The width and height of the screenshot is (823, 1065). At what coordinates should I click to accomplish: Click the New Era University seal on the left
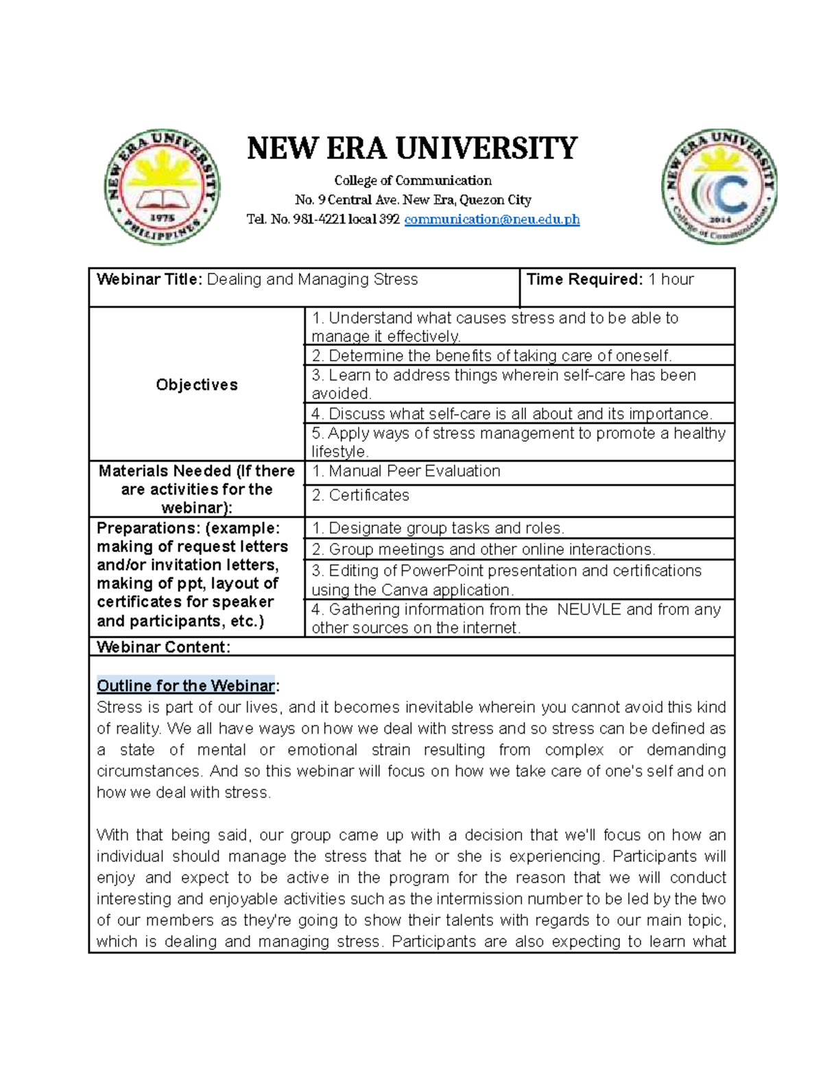pyautogui.click(x=162, y=187)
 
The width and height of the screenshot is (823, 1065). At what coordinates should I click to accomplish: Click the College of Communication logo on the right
pyautogui.click(x=719, y=187)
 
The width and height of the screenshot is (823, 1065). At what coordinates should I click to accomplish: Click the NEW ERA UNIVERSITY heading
pyautogui.click(x=412, y=148)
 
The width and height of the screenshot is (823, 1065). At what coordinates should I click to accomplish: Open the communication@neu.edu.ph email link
pyautogui.click(x=492, y=219)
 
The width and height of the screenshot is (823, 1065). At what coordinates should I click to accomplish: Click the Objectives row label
pyautogui.click(x=197, y=385)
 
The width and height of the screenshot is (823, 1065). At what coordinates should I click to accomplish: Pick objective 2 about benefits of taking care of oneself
pyautogui.click(x=491, y=355)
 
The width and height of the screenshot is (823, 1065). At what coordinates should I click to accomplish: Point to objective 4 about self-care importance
pyautogui.click(x=512, y=414)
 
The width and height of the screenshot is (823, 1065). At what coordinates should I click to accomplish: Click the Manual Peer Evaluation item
pyautogui.click(x=406, y=471)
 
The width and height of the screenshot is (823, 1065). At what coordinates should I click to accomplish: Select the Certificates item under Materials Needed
pyautogui.click(x=360, y=495)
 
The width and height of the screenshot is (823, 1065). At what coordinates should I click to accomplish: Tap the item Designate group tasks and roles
pyautogui.click(x=438, y=528)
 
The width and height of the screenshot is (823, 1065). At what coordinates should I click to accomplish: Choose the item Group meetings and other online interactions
pyautogui.click(x=484, y=549)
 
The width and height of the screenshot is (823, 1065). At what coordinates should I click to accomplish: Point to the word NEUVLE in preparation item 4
pyautogui.click(x=587, y=609)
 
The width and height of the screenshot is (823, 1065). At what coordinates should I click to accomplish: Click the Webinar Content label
pyautogui.click(x=163, y=647)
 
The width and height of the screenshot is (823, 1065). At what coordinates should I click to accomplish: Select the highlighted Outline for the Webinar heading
pyautogui.click(x=186, y=686)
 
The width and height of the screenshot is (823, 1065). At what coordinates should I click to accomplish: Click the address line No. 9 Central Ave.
pyautogui.click(x=412, y=200)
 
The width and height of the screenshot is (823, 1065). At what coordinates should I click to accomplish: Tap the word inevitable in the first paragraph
pyautogui.click(x=439, y=707)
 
